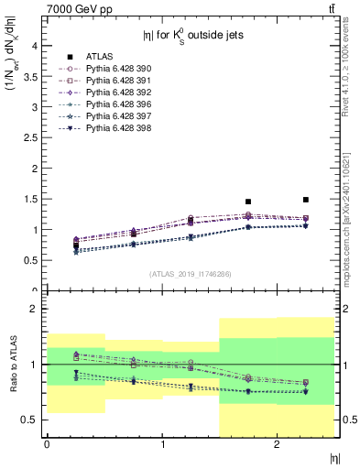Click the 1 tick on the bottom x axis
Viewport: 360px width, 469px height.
click(x=162, y=444)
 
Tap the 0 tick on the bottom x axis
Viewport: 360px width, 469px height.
click(x=47, y=444)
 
